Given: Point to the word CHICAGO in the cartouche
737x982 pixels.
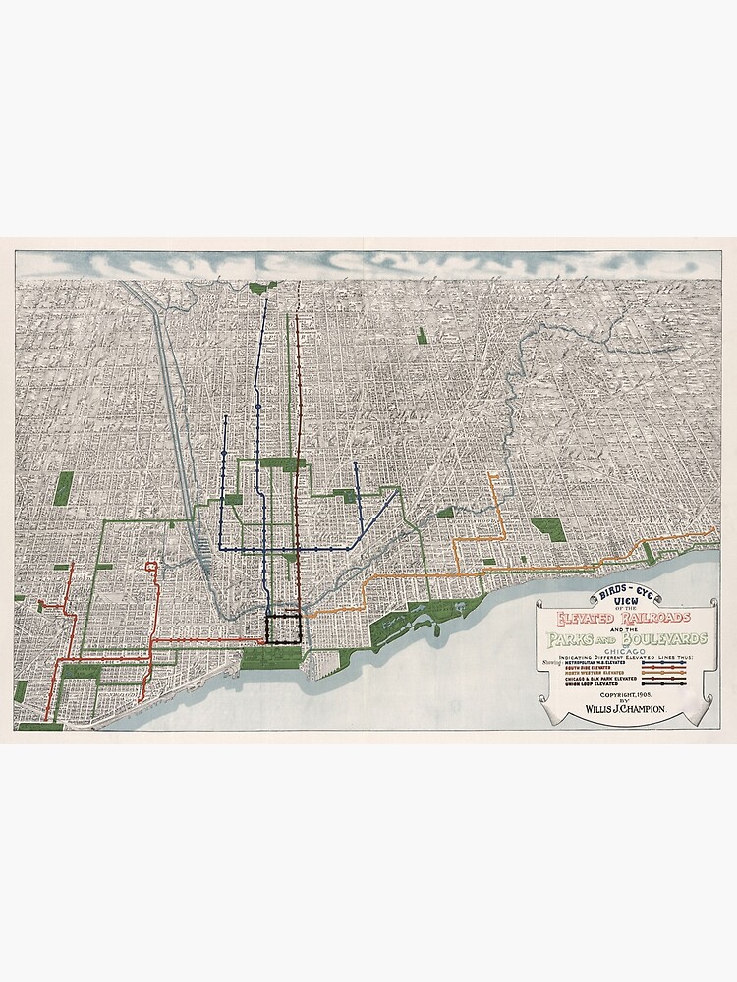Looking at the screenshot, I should pos(625,652).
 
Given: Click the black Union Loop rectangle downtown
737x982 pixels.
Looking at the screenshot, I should pos(284,627).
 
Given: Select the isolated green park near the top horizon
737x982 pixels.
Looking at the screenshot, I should pos(423,335).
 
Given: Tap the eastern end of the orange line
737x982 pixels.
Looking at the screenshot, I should pos(714,531).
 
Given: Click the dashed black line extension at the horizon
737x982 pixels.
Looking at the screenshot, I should pos(298,293).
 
